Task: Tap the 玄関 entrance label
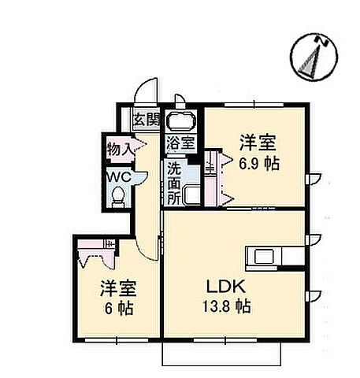pyautogui.click(x=145, y=120)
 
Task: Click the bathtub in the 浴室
pyautogui.click(x=180, y=123)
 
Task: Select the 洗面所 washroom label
pyautogui.click(x=173, y=182)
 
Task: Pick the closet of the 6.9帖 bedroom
pyautogui.click(x=211, y=180)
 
